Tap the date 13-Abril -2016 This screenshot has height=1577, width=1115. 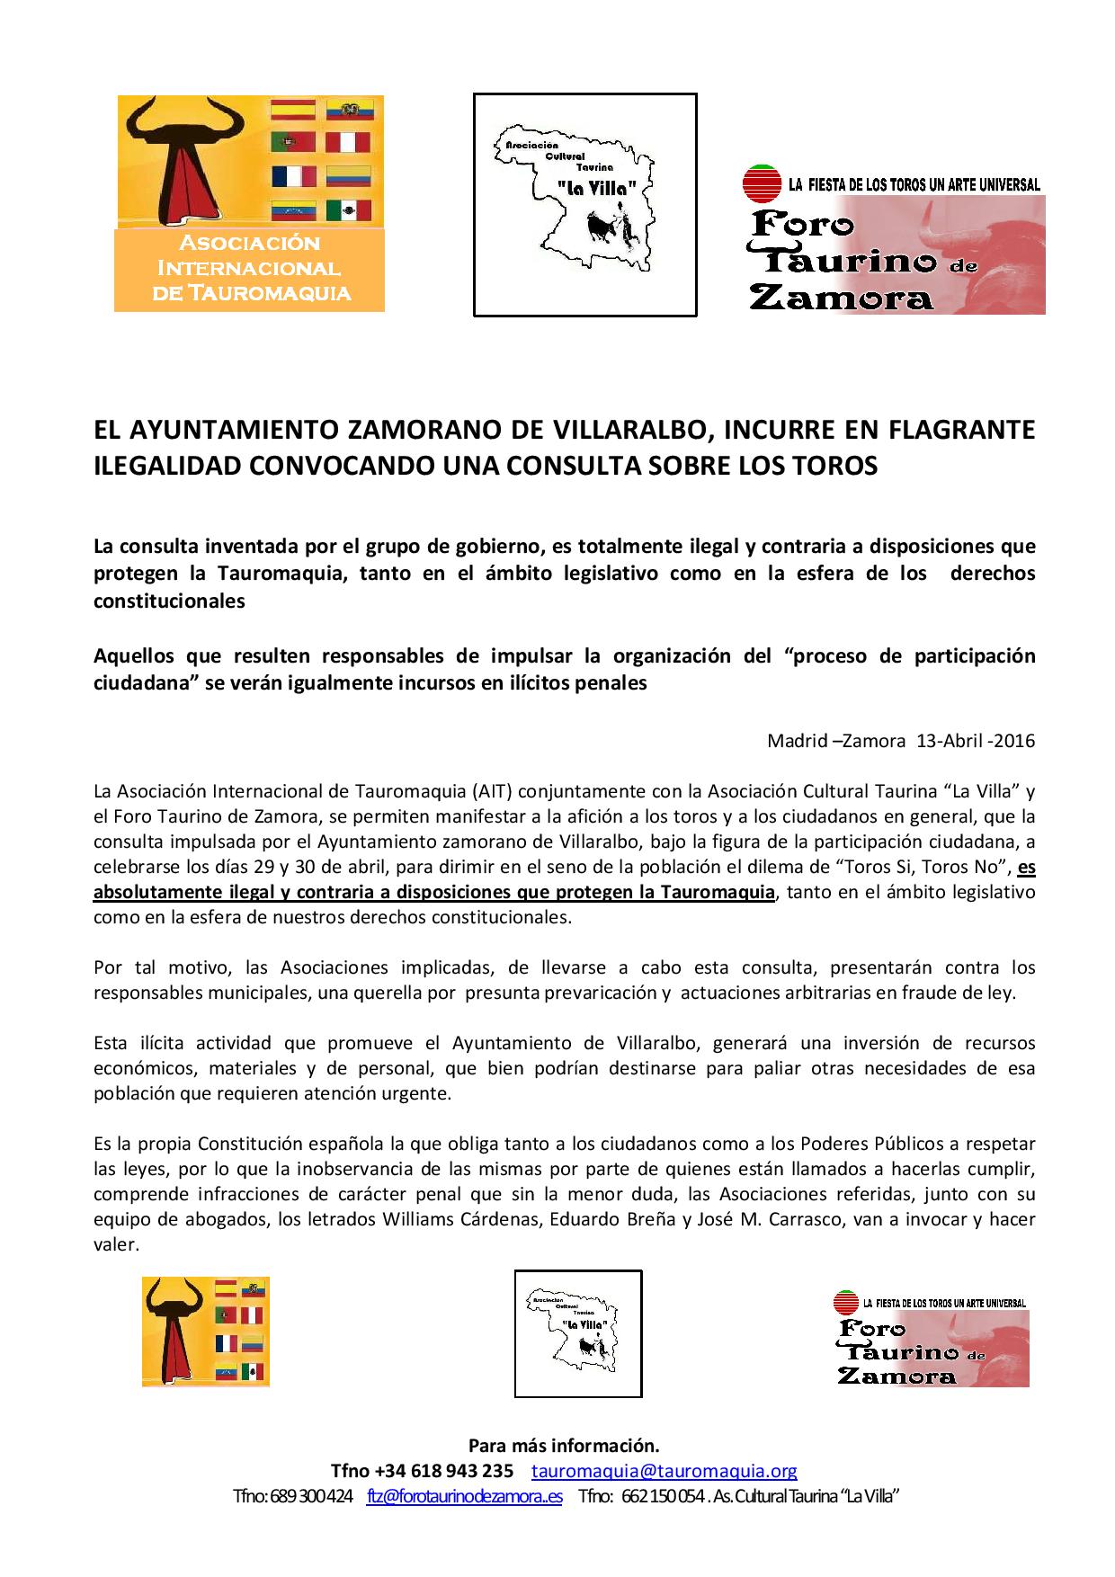[976, 741]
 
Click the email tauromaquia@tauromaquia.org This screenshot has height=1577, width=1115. [665, 1471]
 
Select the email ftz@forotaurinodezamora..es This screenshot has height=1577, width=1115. [465, 1496]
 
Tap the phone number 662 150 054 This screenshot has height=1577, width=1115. [662, 1496]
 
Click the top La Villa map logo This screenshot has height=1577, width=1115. [585, 205]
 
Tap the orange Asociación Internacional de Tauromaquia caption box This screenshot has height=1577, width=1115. [249, 270]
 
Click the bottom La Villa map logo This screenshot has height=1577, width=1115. [578, 1332]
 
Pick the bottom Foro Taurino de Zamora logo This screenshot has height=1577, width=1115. [932, 1338]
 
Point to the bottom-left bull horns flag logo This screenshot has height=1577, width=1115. [206, 1332]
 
